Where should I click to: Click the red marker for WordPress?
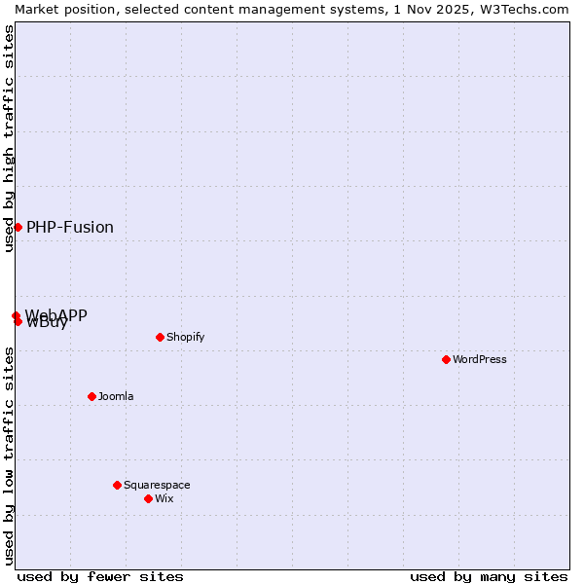click(446, 359)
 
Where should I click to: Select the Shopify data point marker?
click(160, 337)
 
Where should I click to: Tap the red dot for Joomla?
click(91, 396)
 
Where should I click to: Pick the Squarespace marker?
click(117, 485)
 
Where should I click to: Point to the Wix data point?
click(148, 498)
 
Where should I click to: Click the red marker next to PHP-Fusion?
click(18, 227)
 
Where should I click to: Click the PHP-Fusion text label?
click(70, 228)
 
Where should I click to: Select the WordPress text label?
click(480, 359)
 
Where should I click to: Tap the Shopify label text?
click(185, 337)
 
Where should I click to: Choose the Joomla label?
click(116, 396)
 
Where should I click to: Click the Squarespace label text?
click(157, 485)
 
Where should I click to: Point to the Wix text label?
click(164, 498)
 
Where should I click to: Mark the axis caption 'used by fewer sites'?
click(100, 576)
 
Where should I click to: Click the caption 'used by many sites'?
click(489, 576)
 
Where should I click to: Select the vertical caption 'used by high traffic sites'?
click(9, 138)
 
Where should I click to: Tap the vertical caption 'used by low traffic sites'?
click(9, 456)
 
